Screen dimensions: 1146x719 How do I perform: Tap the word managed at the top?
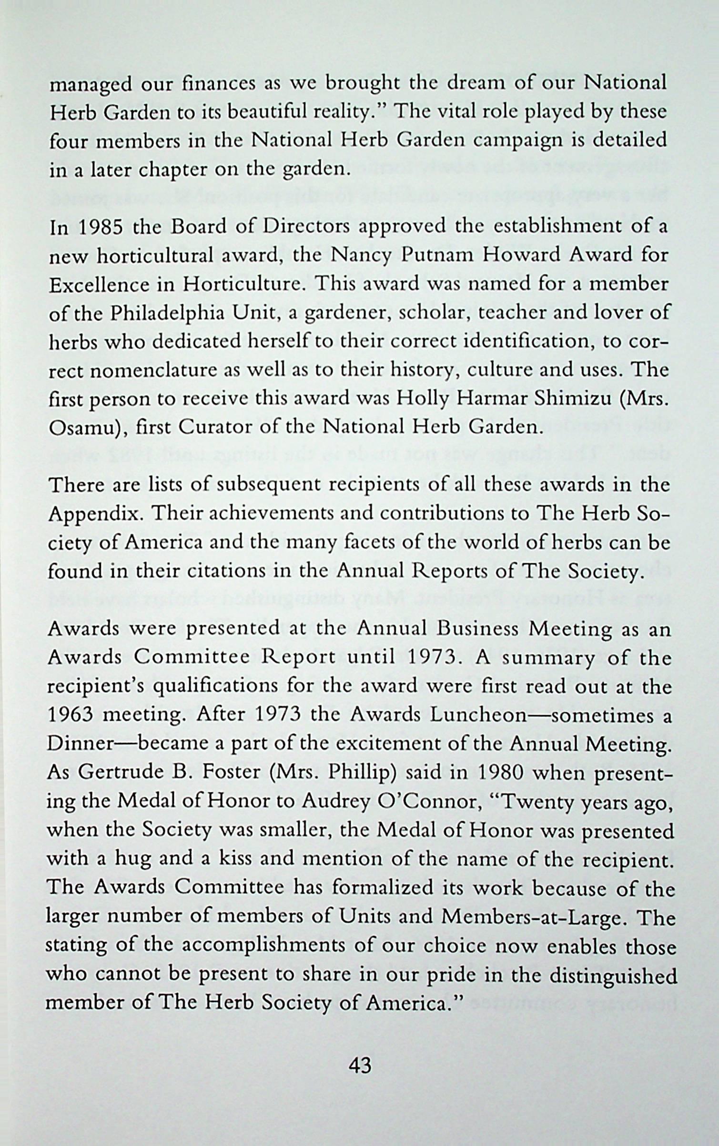[x=91, y=85]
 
